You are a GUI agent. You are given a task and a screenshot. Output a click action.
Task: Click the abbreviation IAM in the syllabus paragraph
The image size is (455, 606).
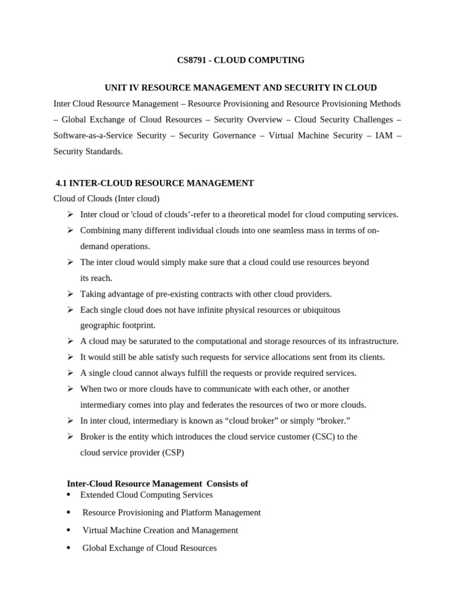tap(381, 136)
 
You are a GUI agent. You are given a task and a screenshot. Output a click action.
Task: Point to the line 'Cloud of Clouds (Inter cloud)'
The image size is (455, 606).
tap(107, 199)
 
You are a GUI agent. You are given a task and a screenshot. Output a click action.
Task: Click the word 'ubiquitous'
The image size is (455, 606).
tap(321, 310)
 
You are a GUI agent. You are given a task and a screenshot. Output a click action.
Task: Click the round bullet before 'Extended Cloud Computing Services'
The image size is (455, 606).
tap(69, 495)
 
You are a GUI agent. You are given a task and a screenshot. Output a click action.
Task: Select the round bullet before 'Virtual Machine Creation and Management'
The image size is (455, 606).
tap(69, 530)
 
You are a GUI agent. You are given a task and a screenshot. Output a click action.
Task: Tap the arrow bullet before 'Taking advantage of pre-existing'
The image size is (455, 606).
tap(70, 294)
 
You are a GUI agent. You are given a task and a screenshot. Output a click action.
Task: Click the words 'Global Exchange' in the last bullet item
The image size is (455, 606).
tap(111, 548)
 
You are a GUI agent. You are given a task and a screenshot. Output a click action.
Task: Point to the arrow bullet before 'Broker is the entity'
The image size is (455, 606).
tap(70, 437)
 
